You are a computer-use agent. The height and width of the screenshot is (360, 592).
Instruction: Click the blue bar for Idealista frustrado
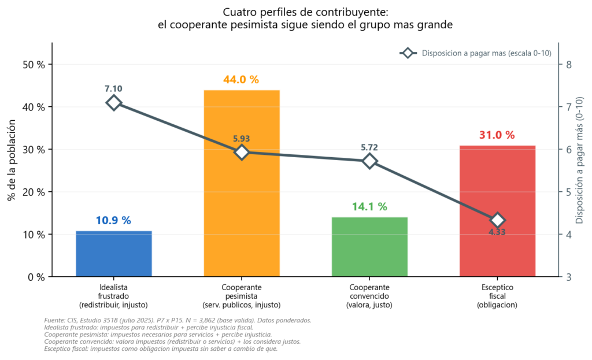(x=114, y=254)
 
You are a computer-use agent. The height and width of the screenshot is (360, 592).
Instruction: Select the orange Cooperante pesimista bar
(x=242, y=183)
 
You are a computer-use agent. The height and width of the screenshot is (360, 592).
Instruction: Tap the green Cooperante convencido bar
(x=369, y=247)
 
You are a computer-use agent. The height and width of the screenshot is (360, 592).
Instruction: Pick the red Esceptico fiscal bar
(x=497, y=211)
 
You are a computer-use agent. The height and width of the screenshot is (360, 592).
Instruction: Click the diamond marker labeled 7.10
(x=114, y=103)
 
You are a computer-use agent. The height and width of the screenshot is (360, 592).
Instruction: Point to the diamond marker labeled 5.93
(x=242, y=153)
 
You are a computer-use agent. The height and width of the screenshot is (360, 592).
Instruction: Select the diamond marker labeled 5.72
(x=369, y=162)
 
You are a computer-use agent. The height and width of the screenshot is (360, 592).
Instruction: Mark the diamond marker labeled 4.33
(x=497, y=220)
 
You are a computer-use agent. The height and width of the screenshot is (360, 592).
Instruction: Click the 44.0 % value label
(x=241, y=80)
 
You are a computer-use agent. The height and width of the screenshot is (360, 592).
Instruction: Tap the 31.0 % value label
(x=497, y=135)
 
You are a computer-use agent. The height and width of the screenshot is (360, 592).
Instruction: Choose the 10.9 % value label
(x=113, y=220)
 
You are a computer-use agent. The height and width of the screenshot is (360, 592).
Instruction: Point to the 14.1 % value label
(x=369, y=207)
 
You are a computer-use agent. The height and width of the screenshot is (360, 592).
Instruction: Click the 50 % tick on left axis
(x=34, y=65)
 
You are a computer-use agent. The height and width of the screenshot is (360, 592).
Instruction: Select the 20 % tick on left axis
(x=34, y=192)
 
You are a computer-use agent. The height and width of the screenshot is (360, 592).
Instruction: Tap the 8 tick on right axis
(x=569, y=65)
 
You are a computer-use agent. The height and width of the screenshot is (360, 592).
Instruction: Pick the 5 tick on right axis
(x=569, y=192)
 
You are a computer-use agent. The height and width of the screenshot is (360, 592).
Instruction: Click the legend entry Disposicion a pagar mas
(x=476, y=53)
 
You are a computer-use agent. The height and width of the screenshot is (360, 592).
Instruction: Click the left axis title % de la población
(x=12, y=160)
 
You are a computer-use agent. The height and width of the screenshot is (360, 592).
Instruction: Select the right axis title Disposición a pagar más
(x=579, y=160)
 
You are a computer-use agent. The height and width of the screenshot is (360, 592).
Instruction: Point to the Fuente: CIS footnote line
(x=178, y=320)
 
